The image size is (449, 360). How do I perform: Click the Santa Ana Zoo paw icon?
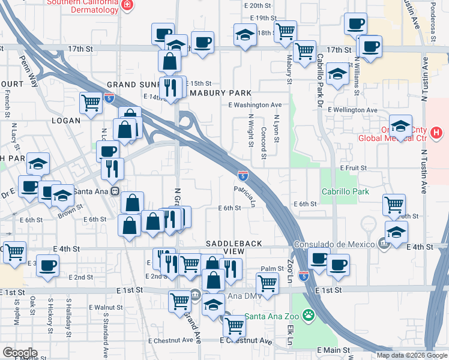[x=309, y=314]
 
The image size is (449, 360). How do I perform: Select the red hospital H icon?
[x=437, y=132]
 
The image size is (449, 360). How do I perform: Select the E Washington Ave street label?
[x=255, y=104]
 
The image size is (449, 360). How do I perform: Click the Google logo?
[x=20, y=352]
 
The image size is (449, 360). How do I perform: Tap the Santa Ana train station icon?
[x=114, y=191]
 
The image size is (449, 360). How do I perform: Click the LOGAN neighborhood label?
[x=65, y=120]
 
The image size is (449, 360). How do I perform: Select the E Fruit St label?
[x=353, y=169]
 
